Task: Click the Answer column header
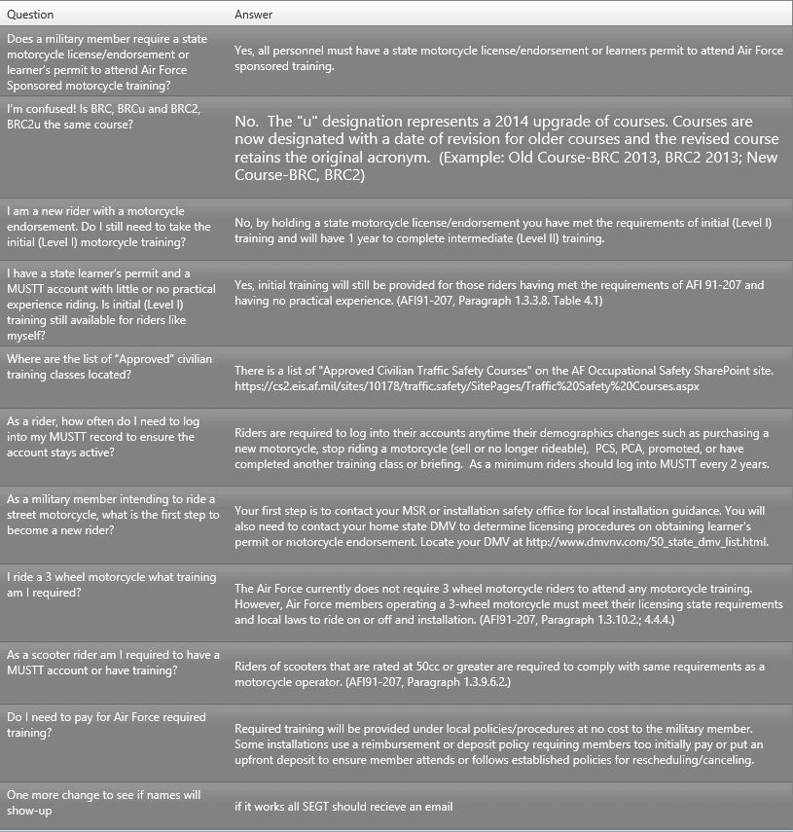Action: [254, 15]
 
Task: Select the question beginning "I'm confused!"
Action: [102, 116]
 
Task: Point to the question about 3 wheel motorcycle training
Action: [111, 585]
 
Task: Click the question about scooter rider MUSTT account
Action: [113, 662]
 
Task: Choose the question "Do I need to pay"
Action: [106, 724]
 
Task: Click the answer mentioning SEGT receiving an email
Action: [343, 806]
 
